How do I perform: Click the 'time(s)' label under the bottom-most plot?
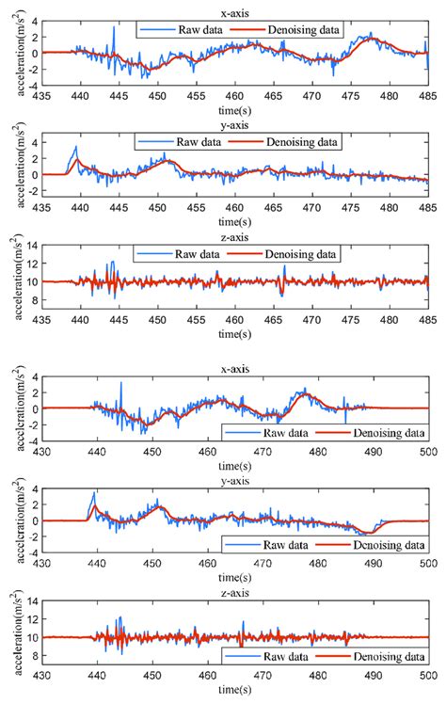235,697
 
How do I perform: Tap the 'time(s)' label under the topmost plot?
235,109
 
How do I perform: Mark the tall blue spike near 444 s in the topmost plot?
114,28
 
